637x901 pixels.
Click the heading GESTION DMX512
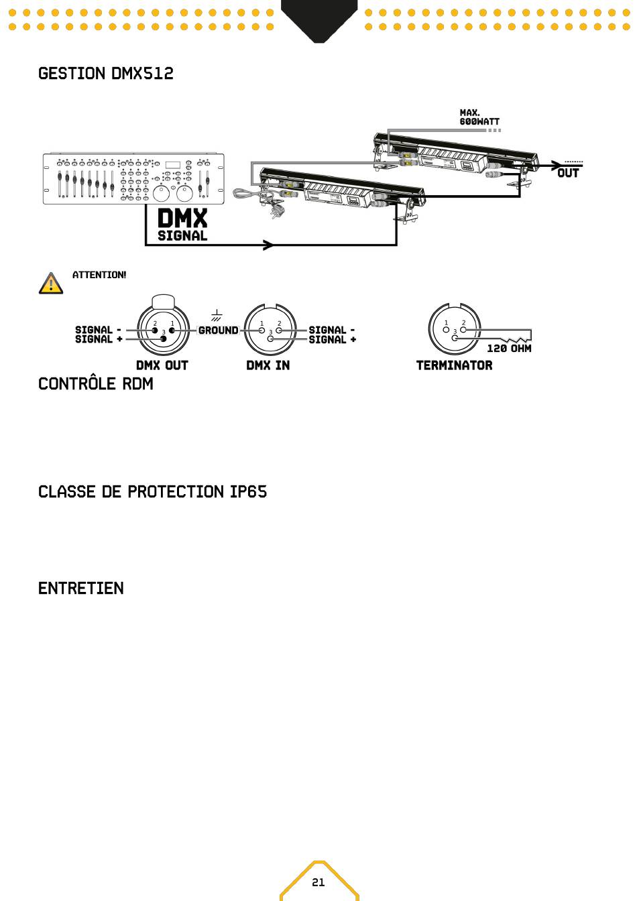(106, 74)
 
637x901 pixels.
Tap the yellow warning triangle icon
(51, 284)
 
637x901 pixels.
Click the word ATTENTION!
(99, 275)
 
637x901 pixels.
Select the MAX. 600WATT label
(479, 118)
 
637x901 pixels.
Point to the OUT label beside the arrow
(568, 173)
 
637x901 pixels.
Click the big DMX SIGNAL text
(182, 225)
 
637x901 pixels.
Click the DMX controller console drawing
(133, 178)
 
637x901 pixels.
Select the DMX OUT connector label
(162, 365)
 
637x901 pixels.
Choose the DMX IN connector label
(268, 365)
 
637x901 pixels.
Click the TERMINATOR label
(455, 365)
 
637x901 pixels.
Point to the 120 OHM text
(509, 349)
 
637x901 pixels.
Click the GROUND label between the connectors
(219, 331)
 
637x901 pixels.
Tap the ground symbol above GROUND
(217, 316)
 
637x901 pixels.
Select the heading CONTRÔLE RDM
(96, 384)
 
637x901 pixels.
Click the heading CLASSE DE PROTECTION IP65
(153, 492)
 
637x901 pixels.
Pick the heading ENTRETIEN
(81, 589)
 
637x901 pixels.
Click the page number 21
(318, 882)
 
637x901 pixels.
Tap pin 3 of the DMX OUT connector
(164, 339)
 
